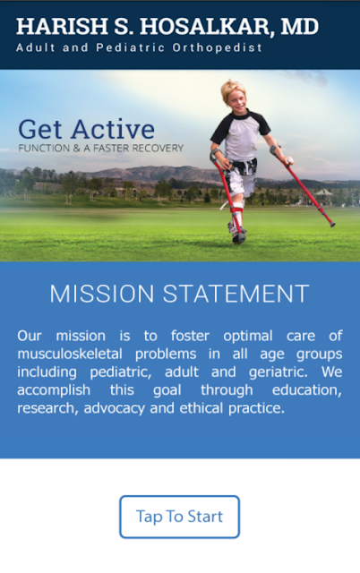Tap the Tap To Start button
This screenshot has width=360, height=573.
tap(179, 517)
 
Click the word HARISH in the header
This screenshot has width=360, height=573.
tap(62, 26)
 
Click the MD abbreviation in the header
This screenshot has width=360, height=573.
tap(300, 26)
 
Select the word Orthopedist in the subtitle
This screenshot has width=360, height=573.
tap(217, 47)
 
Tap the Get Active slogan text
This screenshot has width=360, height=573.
tap(87, 129)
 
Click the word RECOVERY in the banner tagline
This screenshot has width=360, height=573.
tap(158, 148)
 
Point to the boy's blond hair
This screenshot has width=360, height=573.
tap(233, 90)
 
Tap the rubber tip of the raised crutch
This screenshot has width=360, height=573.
tap(332, 225)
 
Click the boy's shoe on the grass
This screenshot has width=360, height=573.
tap(237, 234)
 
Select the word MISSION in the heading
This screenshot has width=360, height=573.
tap(102, 294)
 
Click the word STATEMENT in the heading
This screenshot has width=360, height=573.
tap(236, 294)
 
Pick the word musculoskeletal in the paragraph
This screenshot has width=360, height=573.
tap(70, 354)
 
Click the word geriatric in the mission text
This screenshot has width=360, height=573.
tap(279, 372)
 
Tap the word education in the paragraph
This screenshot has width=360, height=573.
tap(307, 390)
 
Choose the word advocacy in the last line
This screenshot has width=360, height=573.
tap(115, 408)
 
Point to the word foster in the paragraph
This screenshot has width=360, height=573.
tap(190, 336)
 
